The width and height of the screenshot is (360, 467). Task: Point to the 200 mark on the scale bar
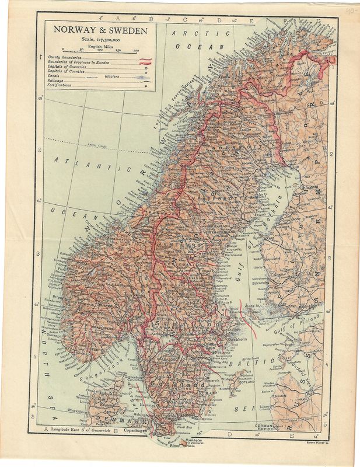135,51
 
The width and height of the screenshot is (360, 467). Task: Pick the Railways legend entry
57,80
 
